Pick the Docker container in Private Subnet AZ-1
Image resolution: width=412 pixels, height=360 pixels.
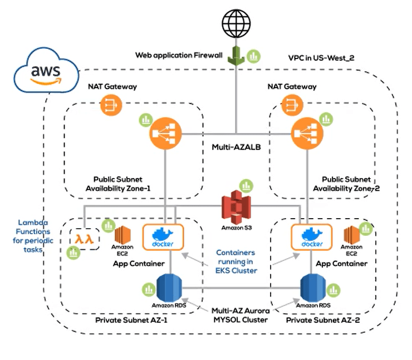pyautogui.click(x=160, y=238)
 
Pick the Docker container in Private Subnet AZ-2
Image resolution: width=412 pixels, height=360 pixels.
pyautogui.click(x=308, y=238)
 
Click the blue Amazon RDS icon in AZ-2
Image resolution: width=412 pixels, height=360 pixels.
pyautogui.click(x=313, y=288)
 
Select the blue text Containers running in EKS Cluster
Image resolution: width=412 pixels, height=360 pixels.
pyautogui.click(x=236, y=261)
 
